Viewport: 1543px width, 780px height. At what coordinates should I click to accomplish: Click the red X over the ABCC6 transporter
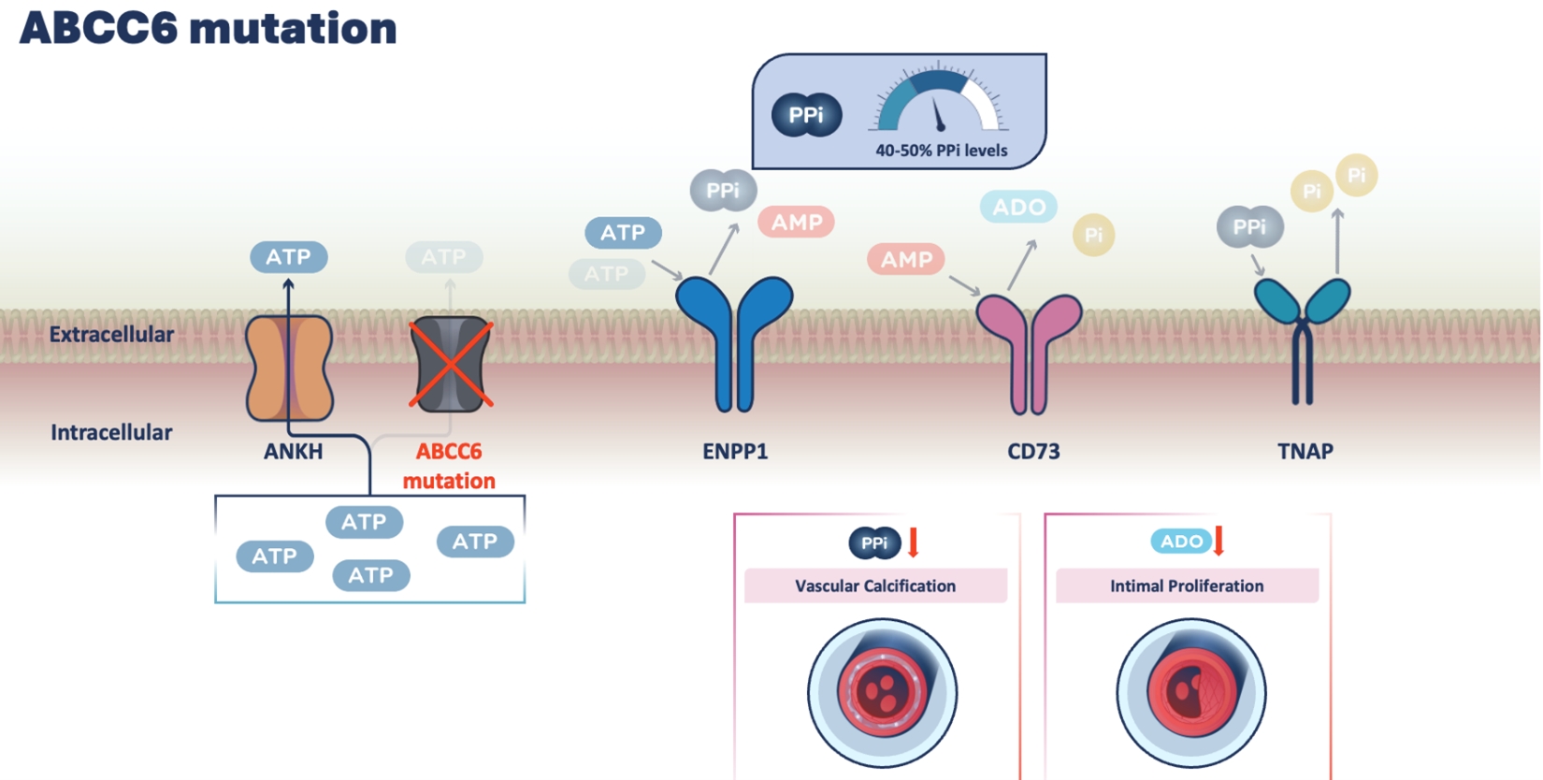point(451,366)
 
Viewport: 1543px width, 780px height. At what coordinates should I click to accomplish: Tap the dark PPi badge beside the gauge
point(806,115)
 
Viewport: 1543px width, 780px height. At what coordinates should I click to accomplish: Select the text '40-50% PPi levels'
point(941,151)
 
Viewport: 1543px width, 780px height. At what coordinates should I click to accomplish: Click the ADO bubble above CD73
point(1018,207)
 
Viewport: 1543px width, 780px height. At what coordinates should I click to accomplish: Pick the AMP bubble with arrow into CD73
point(906,259)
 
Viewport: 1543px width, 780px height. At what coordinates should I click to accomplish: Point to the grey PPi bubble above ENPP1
point(723,191)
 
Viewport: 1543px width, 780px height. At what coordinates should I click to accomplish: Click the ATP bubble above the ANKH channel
point(288,257)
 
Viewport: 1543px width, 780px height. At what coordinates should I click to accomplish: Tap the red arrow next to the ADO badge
point(1219,541)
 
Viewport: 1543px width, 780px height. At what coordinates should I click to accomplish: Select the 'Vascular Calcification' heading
point(875,586)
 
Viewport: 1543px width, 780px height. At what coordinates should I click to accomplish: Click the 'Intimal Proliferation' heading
point(1187,586)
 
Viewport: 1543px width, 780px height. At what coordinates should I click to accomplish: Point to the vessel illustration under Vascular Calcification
point(882,693)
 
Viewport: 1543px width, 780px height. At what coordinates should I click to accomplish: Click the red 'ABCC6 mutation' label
point(449,466)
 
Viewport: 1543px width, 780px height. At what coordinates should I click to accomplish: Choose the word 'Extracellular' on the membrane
point(111,335)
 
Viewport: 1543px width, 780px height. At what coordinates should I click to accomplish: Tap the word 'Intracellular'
point(111,432)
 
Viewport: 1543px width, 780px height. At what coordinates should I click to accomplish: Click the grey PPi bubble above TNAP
point(1249,227)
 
